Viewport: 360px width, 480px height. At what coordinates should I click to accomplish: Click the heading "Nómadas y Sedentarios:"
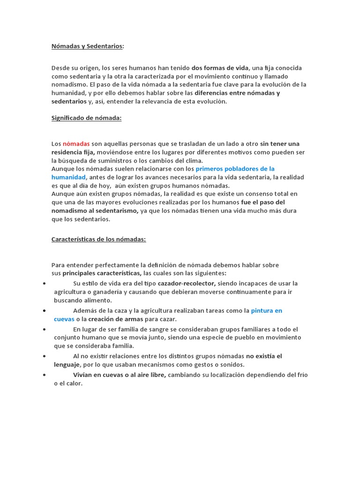(88, 46)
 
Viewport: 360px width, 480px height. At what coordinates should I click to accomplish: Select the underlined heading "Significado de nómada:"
(86, 118)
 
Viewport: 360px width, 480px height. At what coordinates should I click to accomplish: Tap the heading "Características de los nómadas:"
(98, 239)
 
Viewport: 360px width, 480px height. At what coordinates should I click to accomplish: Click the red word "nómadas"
(76, 144)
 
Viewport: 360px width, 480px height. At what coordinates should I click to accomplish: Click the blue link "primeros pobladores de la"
(235, 169)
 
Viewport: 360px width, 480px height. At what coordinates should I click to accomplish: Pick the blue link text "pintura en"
(266, 311)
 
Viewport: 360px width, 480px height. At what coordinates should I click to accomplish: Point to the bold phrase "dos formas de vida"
(220, 68)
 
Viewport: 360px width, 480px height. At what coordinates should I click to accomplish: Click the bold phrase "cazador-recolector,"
(187, 284)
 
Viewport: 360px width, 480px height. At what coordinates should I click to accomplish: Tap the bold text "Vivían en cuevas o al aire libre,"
(120, 375)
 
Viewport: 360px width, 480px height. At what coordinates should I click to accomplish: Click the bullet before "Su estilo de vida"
(44, 284)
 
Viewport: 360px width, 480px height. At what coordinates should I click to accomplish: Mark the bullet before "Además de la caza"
(44, 311)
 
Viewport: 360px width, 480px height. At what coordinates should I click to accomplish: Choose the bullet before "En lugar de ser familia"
(44, 330)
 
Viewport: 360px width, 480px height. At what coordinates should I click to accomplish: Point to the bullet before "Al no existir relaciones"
(44, 357)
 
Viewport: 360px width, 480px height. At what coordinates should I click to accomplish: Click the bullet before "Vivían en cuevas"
(44, 375)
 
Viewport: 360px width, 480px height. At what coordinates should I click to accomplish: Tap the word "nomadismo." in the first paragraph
(68, 84)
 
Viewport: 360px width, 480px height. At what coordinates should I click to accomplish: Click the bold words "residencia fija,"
(73, 152)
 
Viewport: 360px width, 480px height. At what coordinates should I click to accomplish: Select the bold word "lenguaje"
(67, 365)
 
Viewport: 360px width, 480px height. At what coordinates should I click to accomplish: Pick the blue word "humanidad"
(68, 177)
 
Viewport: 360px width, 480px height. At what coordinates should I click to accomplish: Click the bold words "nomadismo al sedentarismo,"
(95, 211)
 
